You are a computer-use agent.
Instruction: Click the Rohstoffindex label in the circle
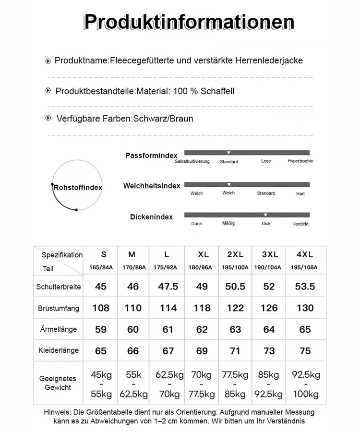[x=78, y=187]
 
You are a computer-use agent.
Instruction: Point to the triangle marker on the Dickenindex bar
[x=265, y=215]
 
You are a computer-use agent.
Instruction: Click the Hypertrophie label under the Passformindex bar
[x=300, y=161]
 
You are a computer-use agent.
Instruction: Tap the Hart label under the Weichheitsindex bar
[x=300, y=193]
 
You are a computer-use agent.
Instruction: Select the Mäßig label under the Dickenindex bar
[x=228, y=224]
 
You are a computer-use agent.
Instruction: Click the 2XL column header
[x=236, y=254]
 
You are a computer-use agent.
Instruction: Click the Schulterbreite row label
[x=58, y=287]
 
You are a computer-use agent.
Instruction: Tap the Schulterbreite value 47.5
[x=168, y=287]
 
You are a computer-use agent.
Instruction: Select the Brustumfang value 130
[x=305, y=308]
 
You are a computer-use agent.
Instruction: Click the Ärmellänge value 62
[x=202, y=330]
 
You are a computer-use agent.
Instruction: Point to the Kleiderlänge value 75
[x=305, y=351]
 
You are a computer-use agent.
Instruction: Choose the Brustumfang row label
[x=58, y=308]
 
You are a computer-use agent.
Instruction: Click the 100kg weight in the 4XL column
[x=305, y=395]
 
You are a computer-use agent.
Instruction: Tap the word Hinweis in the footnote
[x=57, y=412]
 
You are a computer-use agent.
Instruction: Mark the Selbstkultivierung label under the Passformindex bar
[x=192, y=161]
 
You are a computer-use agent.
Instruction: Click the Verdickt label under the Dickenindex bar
[x=300, y=224]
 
